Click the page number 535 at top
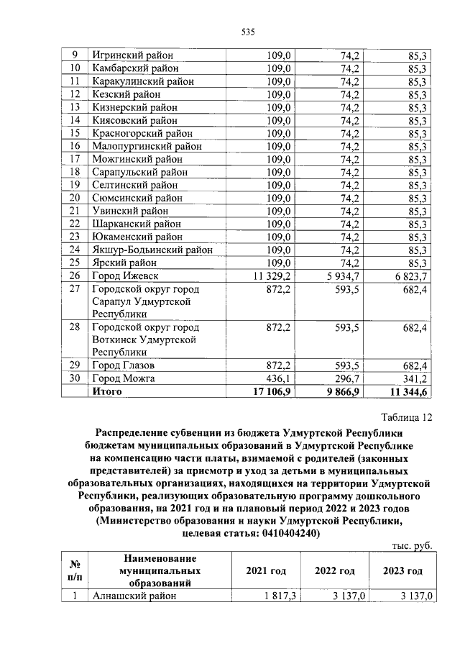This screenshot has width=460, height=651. (249, 32)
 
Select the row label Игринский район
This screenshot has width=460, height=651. (132, 55)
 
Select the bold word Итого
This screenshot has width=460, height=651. (106, 391)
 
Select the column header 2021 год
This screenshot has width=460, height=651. (266, 570)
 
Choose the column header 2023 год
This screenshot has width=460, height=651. (402, 570)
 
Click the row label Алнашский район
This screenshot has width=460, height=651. (133, 596)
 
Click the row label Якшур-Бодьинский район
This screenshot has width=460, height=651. (152, 250)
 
